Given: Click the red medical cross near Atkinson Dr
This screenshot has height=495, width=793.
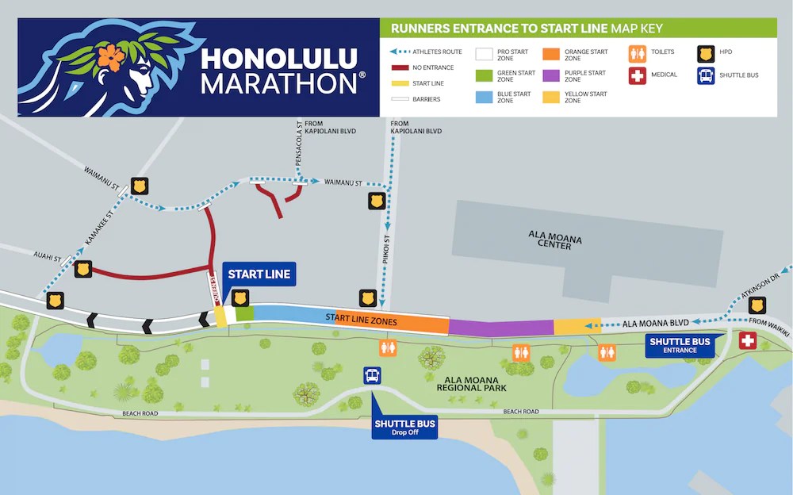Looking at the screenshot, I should click(747, 341).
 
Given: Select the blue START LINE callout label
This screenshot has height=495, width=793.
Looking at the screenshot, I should click(259, 274).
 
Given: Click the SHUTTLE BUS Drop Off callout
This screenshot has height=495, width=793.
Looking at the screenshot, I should click(404, 428).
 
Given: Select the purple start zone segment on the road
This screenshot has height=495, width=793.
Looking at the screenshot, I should click(501, 327).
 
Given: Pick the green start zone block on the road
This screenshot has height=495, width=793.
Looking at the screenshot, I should click(244, 313).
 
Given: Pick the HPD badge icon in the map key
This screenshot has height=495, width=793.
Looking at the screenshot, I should click(703, 53).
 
